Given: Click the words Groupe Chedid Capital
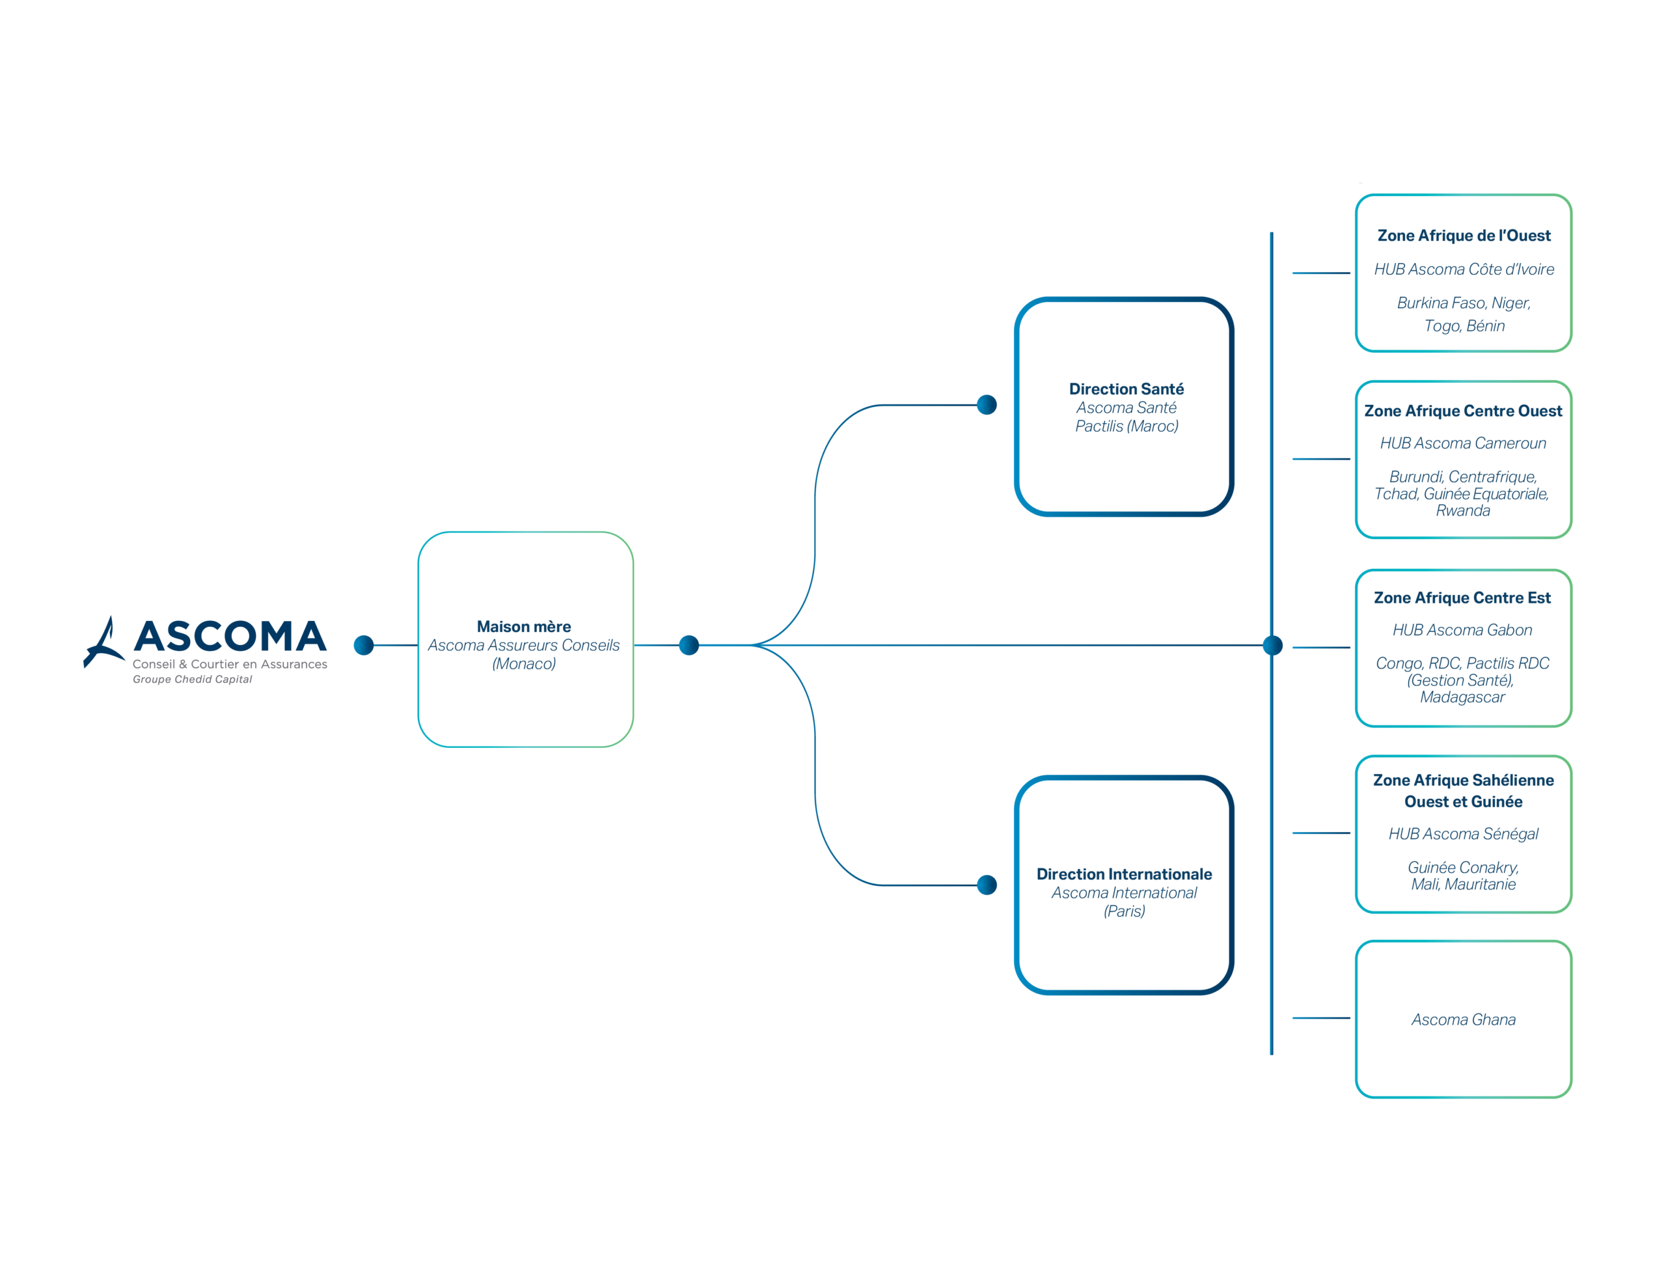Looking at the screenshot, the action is tap(192, 679).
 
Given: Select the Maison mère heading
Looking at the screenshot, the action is tap(524, 626).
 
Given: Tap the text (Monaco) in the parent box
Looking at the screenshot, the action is tap(524, 663).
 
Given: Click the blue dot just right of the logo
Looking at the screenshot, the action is tap(364, 644).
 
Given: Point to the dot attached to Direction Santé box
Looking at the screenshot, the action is tap(987, 405).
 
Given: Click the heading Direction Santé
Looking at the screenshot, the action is tap(1127, 389).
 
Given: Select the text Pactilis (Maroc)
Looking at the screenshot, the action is tap(1127, 426).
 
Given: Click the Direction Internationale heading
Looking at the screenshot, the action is tap(1124, 874).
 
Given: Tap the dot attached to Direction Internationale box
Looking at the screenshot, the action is tap(987, 885).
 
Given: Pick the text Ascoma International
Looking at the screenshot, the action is tap(1124, 893).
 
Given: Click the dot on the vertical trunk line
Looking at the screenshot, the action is tap(1273, 645).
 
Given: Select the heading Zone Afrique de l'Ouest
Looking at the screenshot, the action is tap(1464, 235).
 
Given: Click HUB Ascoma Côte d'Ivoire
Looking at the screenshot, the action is tap(1464, 270).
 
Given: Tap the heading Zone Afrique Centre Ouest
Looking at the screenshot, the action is tap(1463, 410).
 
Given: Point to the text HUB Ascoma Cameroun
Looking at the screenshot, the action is tap(1463, 443).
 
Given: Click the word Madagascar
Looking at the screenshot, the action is tap(1462, 697).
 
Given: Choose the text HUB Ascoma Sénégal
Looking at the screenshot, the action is tap(1463, 833).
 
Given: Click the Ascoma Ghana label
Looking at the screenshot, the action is tap(1463, 1019).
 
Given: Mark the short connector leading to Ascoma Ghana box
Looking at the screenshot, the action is tap(1321, 1018).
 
